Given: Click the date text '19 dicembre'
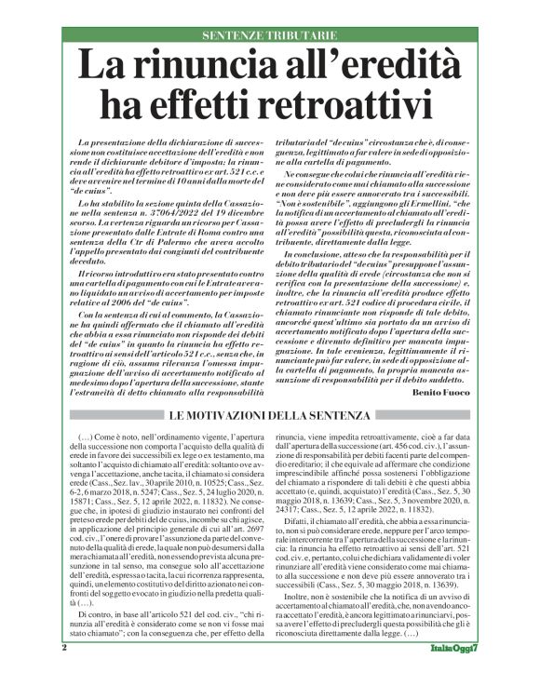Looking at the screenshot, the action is [221, 211].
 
